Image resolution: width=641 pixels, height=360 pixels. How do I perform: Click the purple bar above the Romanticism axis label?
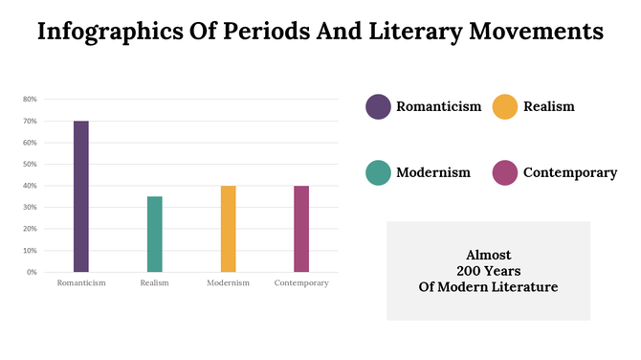coord(81,196)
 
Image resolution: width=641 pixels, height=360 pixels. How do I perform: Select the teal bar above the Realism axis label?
coord(154,234)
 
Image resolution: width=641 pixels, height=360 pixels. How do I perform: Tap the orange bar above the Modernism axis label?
coord(228,229)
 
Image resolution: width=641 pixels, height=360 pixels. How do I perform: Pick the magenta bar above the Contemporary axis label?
coord(301,229)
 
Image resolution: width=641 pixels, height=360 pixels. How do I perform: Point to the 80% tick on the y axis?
coord(30,100)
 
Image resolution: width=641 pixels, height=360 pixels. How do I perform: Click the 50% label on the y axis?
coord(30,164)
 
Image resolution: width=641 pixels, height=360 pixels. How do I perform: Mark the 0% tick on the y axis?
coord(32,272)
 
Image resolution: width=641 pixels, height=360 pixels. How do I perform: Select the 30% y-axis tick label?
coord(30,207)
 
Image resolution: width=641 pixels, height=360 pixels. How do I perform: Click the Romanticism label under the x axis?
coord(81,283)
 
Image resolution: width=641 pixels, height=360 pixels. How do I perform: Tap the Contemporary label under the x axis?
coord(301,283)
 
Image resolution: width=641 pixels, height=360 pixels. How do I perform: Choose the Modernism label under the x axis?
coord(228,283)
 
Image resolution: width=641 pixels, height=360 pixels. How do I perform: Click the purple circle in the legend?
coord(378,107)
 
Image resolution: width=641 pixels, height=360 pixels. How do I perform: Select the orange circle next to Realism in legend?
coord(504,107)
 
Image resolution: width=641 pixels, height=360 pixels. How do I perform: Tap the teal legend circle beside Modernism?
coord(378,172)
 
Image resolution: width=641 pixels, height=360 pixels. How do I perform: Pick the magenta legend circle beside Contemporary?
coord(504,172)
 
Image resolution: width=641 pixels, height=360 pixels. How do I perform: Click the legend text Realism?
coord(548,107)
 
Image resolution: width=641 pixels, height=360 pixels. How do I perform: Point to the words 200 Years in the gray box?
coord(488,271)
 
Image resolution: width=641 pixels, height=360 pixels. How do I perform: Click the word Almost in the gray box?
coord(488,256)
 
